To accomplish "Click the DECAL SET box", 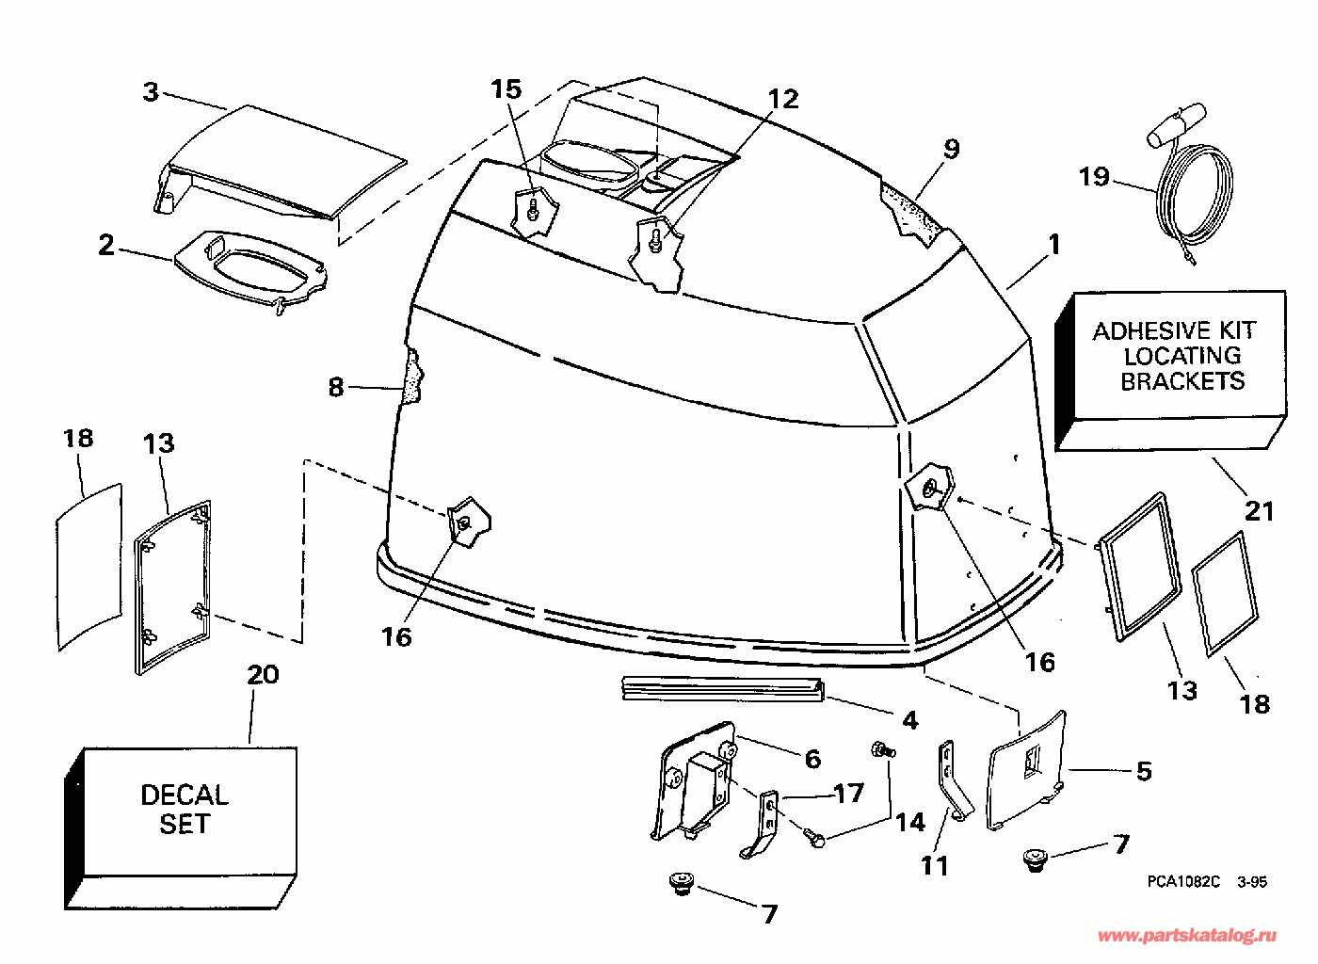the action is (184, 810).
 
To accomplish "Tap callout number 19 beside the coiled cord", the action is (1094, 177).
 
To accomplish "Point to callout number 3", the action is (151, 92).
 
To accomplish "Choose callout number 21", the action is (1260, 511).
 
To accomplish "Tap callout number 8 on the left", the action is (336, 387).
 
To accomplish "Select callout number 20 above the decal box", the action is (264, 675).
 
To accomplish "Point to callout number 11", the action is (935, 864).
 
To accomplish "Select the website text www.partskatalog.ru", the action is (1188, 935).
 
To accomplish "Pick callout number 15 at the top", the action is (506, 89).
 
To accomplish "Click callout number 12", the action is (782, 99).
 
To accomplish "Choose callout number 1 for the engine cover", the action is (1054, 245).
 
